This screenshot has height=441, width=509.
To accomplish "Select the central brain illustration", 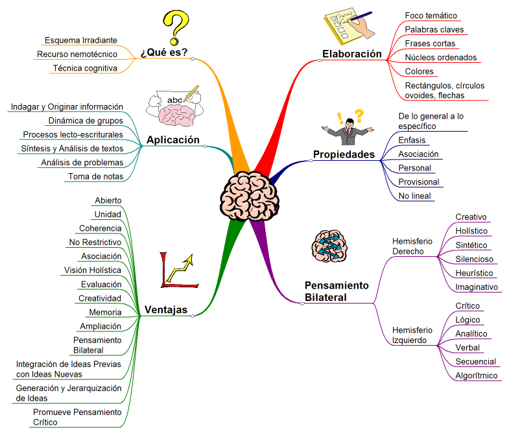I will click(250, 194).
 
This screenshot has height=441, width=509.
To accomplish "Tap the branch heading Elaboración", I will click(352, 54).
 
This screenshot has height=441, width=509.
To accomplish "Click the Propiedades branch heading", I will click(344, 154).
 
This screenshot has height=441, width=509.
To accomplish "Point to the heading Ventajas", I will click(166, 309).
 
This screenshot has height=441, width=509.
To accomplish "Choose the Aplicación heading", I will click(172, 139).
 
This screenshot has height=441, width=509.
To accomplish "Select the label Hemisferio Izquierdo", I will click(412, 335).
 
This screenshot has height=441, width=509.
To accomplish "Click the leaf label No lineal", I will click(414, 196).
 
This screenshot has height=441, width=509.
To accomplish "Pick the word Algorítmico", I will click(477, 375).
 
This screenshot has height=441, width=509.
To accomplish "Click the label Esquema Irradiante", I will click(81, 40).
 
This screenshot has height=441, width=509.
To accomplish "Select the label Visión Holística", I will click(92, 270).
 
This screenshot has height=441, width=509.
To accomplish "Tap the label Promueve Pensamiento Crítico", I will click(77, 417).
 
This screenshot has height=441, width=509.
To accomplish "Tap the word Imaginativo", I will click(477, 287).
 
